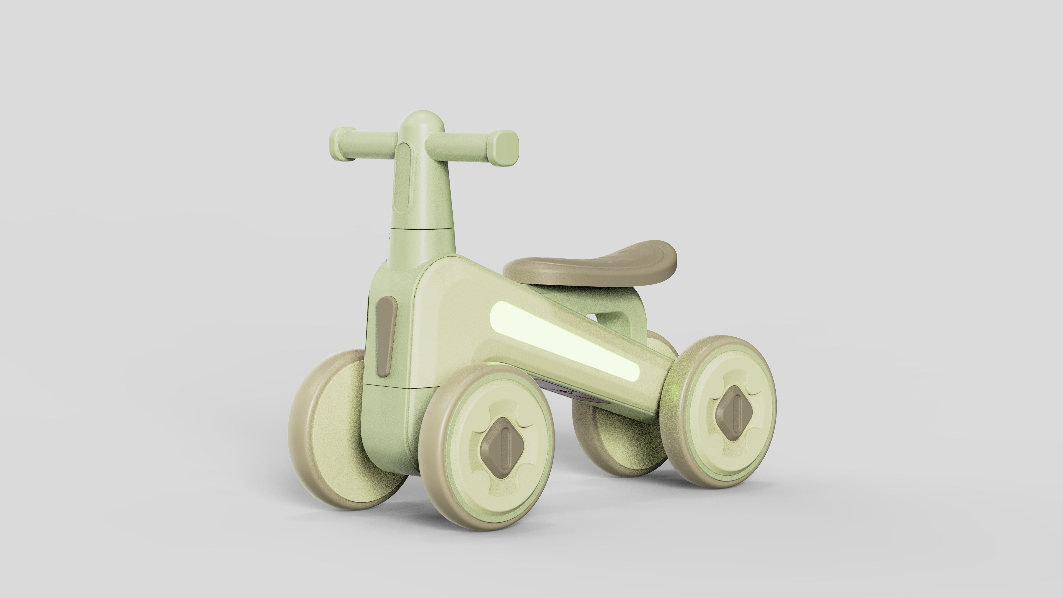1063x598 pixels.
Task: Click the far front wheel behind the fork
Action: click(330, 430)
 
